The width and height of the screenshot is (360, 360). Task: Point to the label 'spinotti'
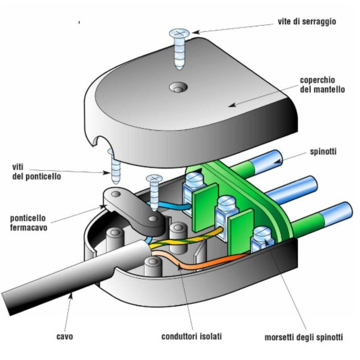coord(325,152)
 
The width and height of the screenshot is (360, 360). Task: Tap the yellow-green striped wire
coord(185,241)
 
